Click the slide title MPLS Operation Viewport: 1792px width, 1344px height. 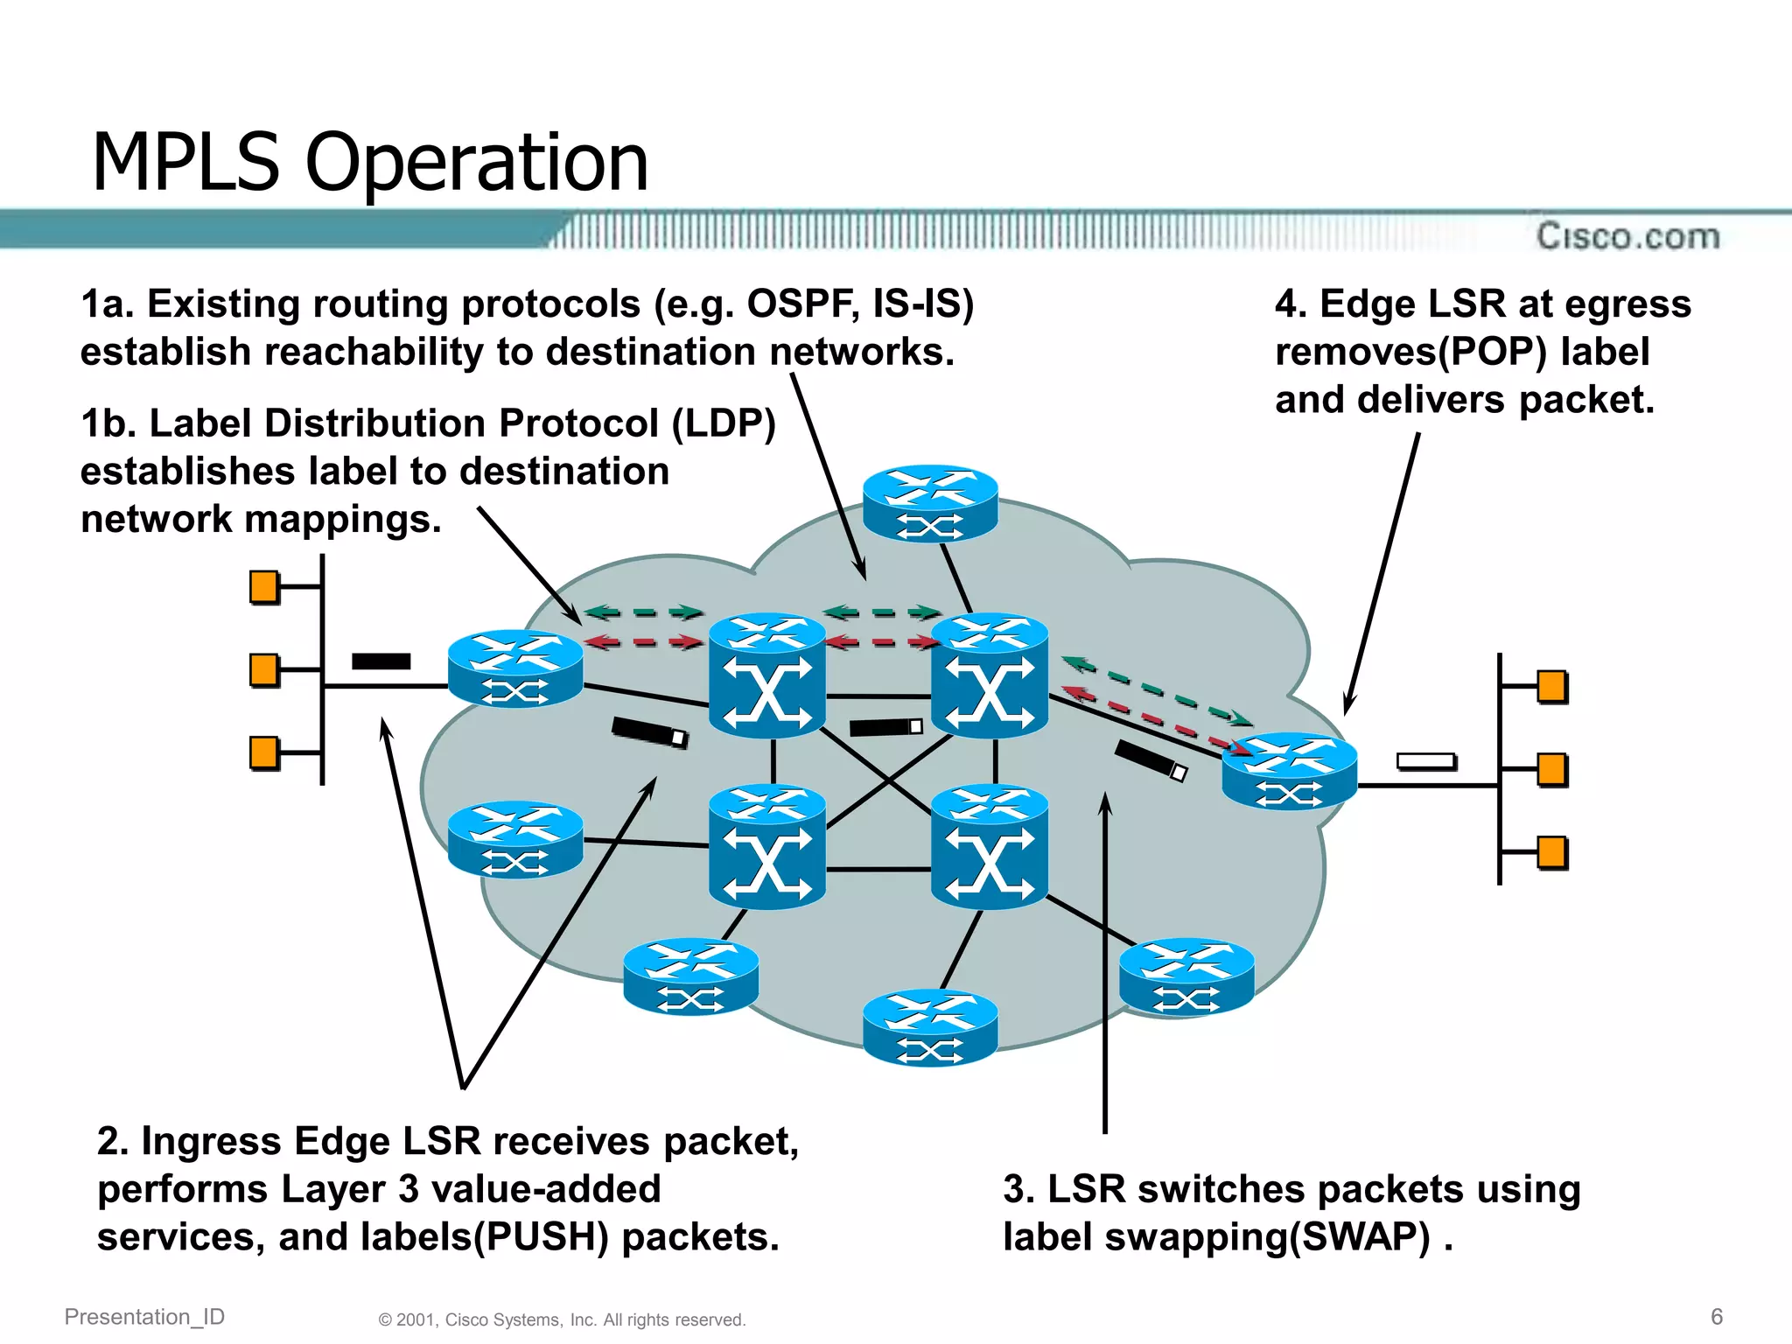click(369, 163)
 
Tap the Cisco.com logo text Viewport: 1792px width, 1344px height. click(1627, 236)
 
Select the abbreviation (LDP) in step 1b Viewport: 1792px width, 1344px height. click(724, 423)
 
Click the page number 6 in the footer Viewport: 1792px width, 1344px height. click(1716, 1316)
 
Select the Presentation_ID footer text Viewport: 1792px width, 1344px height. click(144, 1316)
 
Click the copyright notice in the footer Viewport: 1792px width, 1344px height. click(562, 1319)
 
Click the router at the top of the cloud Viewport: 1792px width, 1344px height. click(930, 503)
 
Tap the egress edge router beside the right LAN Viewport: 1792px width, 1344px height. click(1289, 771)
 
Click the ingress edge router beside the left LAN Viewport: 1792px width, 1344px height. click(515, 668)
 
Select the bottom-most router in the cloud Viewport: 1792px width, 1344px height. click(930, 1027)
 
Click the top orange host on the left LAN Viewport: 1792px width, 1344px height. click(264, 587)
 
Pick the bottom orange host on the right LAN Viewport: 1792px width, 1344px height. click(1551, 852)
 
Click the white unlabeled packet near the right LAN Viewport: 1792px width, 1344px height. click(1426, 761)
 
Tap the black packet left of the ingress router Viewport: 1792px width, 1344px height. click(381, 661)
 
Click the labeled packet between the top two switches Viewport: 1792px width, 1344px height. click(885, 727)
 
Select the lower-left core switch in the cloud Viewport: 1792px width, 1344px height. click(767, 846)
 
